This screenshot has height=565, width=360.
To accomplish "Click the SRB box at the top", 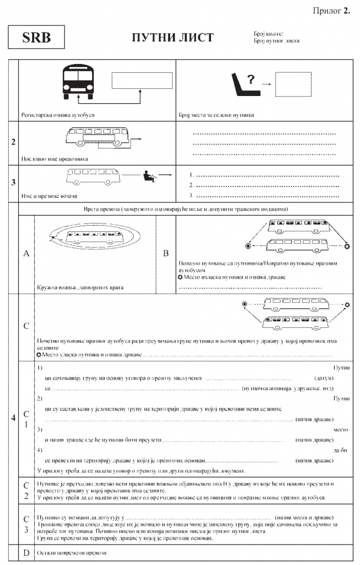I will pos(37,38).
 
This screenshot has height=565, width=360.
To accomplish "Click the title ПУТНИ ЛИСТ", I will pos(172,38).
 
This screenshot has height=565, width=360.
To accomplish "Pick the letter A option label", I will pos(27,253).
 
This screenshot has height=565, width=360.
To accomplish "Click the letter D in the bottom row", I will pos(27,552).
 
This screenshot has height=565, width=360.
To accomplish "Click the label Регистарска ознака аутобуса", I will pos(58,115).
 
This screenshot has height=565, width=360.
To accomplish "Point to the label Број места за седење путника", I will pos(216,115).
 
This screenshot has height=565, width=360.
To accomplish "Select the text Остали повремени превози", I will pos(71,552).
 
